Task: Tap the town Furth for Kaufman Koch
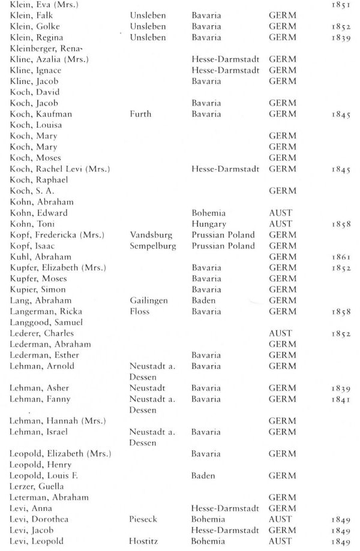(x=140, y=114)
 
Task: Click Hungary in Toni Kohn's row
(x=205, y=224)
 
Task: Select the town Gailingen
(x=149, y=300)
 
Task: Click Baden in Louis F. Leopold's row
(x=203, y=475)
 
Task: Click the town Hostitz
(x=144, y=541)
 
